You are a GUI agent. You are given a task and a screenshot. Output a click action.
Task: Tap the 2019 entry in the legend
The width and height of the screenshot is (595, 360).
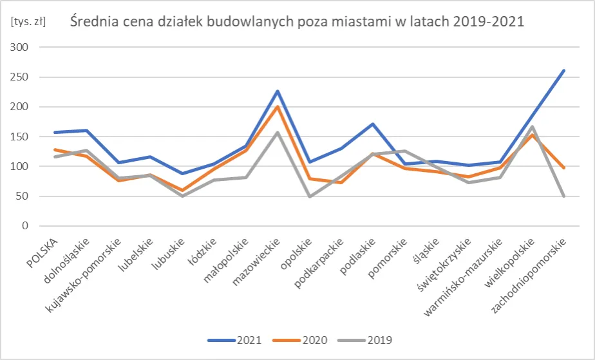click(370, 339)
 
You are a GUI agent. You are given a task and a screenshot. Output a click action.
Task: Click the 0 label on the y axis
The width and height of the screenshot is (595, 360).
click(25, 226)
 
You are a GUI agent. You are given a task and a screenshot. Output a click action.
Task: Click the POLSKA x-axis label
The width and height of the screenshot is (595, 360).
click(46, 251)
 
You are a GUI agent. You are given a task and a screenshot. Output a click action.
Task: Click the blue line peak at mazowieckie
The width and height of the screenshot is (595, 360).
click(278, 91)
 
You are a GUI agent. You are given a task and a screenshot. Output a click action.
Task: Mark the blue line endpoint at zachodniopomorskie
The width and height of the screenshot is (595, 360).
click(564, 70)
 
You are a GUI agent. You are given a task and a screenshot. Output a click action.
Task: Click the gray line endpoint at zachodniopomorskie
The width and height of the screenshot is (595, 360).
click(564, 196)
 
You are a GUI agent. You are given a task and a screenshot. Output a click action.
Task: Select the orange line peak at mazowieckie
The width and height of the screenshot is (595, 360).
click(278, 106)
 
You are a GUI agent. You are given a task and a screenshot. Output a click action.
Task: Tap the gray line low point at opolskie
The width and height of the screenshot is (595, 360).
click(310, 196)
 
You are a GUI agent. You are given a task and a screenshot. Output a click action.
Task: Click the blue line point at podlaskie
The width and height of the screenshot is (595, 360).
click(373, 124)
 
